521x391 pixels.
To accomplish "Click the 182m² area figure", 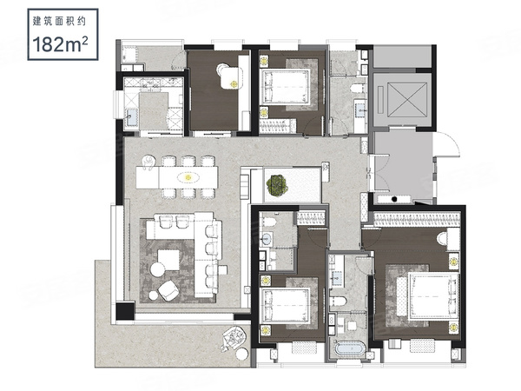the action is click(60, 44).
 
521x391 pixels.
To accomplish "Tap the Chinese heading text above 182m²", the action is click(59, 22).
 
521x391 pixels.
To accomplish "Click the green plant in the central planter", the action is click(277, 185).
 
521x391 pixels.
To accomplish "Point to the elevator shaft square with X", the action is click(407, 100).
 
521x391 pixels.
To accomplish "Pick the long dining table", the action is click(177, 177).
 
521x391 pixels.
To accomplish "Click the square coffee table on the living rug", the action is click(168, 260).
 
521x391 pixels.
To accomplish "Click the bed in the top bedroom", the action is click(287, 86).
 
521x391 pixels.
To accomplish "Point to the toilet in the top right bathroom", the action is click(358, 89).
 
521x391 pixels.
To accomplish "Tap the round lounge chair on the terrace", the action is click(234, 339).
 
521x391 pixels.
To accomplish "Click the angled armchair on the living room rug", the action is click(168, 290).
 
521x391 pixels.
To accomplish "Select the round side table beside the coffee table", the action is click(157, 269).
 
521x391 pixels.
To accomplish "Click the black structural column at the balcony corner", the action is click(125, 312).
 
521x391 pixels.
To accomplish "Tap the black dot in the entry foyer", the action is click(394, 199).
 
